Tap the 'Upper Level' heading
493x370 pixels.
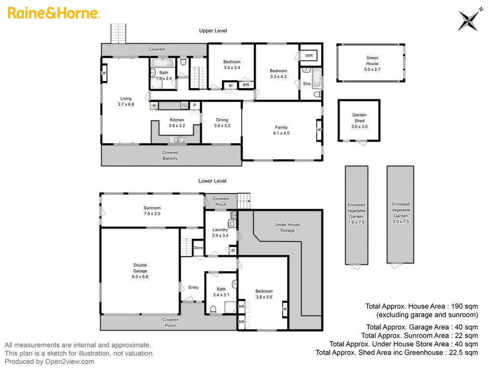coord(213,31)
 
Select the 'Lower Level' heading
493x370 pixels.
coord(212,181)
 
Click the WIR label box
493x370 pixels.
coord(309,56)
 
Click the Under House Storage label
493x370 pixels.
coord(287,227)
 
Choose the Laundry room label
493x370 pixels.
coord(220,233)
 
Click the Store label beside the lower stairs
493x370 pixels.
coord(198,248)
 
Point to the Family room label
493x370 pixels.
coord(281,131)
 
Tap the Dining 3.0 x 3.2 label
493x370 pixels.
coord(222,123)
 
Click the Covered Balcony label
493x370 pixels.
coord(170,155)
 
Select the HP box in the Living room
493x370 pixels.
coord(104,73)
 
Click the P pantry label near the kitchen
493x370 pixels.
coord(195,106)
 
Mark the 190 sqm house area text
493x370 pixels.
coord(421,306)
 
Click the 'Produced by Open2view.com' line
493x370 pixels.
coord(50,361)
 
